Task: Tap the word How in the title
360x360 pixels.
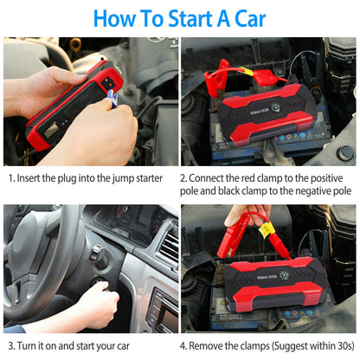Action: point(116,17)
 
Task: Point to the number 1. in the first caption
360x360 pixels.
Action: point(13,177)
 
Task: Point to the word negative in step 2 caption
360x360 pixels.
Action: point(309,190)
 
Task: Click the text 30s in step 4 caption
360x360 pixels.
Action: point(338,347)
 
